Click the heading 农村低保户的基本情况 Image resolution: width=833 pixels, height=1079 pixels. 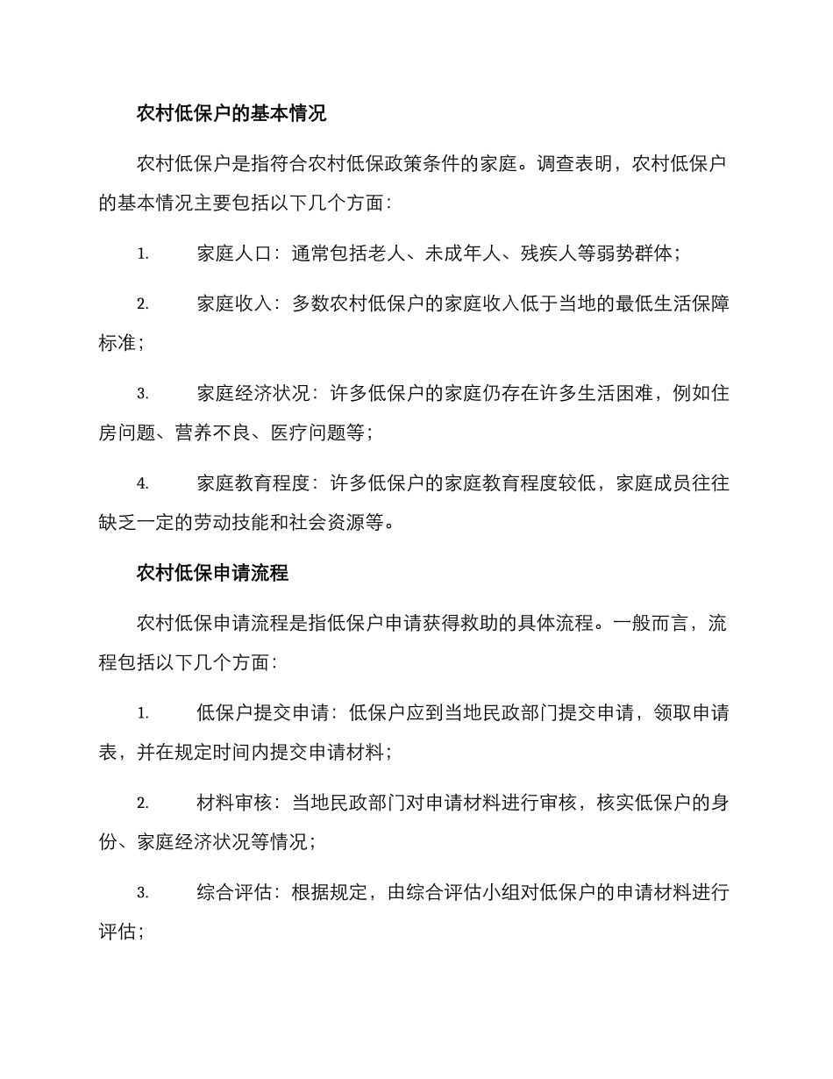(x=231, y=113)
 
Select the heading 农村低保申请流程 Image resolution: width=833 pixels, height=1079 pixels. (x=212, y=574)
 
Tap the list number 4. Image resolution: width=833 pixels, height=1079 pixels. (x=142, y=483)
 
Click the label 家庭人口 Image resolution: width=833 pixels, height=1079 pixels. (x=231, y=254)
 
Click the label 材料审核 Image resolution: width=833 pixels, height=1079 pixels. (x=231, y=804)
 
